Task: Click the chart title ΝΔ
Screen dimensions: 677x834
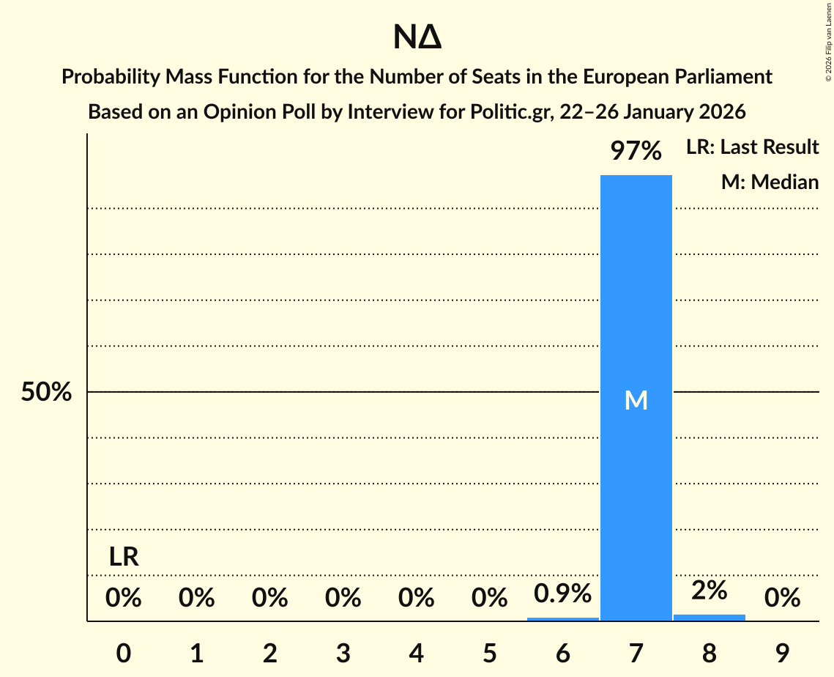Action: [417, 37]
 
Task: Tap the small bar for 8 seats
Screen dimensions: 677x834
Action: [709, 618]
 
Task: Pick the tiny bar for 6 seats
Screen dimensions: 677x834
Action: [562, 619]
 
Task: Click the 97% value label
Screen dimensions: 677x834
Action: [636, 152]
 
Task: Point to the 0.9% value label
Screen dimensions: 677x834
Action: [562, 593]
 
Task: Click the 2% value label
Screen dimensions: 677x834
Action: [709, 590]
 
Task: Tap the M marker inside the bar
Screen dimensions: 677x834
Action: [636, 400]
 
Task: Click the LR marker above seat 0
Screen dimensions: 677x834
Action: [124, 558]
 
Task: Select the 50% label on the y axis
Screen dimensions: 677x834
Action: [46, 393]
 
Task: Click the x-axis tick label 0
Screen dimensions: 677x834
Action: [124, 653]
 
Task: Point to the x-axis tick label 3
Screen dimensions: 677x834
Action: [343, 653]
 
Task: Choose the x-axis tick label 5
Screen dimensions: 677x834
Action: [489, 653]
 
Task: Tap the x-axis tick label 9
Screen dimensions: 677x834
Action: [782, 653]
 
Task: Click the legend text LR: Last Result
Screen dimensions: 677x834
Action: [752, 147]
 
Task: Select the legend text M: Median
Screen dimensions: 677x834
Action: [770, 182]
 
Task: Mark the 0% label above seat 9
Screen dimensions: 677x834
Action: [782, 599]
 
